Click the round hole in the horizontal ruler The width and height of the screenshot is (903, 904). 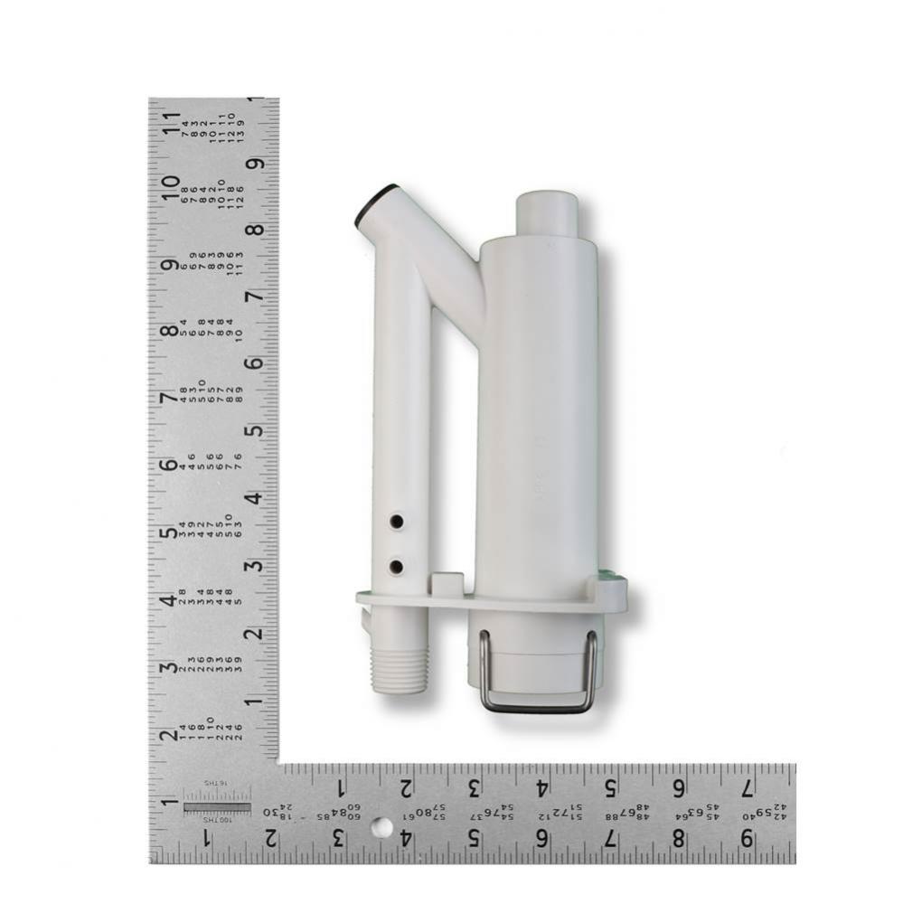tap(382, 827)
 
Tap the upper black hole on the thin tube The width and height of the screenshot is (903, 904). tap(397, 522)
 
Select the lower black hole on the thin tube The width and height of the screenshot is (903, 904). tap(397, 567)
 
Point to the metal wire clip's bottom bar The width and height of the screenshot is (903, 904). tap(538, 708)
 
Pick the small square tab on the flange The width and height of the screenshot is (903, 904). tap(448, 584)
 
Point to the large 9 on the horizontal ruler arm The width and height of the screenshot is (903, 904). tap(747, 839)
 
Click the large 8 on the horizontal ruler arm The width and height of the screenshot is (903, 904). tap(678, 839)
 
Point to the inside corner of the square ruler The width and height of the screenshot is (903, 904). tap(279, 764)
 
